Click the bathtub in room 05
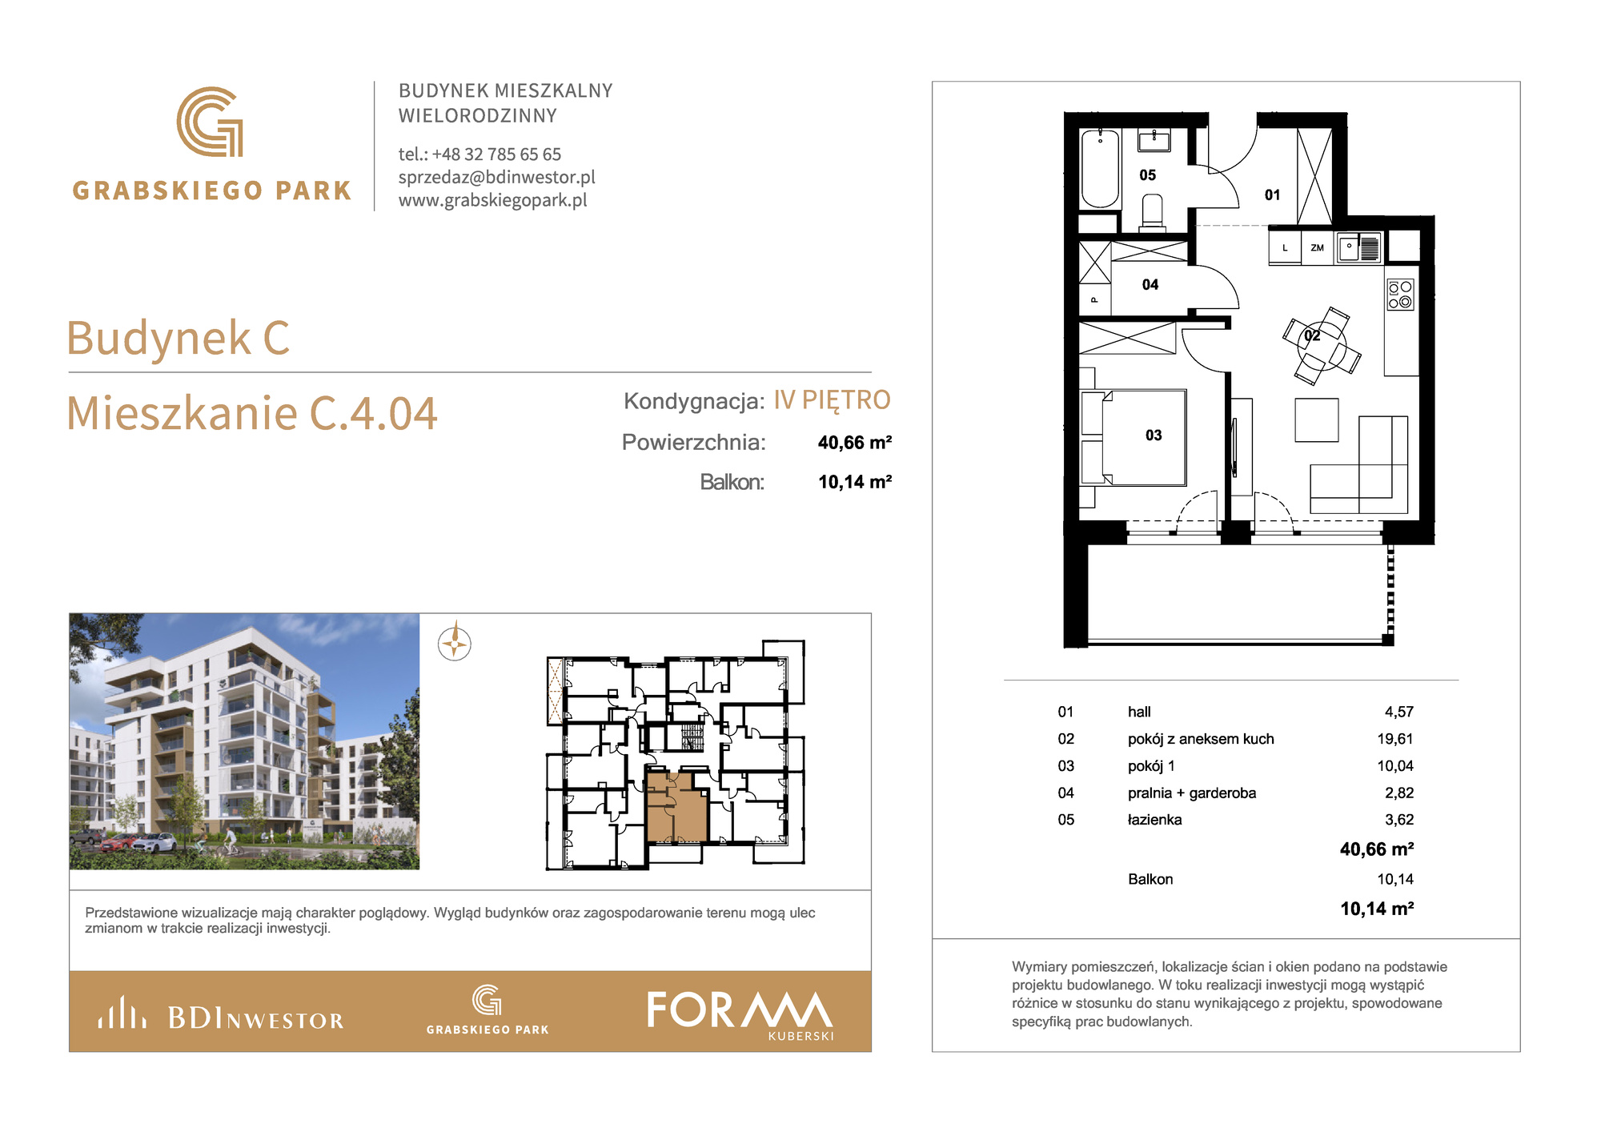coord(1100,168)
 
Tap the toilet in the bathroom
coord(1152,213)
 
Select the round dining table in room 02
coord(1322,346)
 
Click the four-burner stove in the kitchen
coord(1400,295)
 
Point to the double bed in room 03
coord(1134,437)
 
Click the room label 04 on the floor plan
coord(1150,285)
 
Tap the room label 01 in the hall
coord(1273,195)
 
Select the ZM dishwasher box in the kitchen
coord(1318,248)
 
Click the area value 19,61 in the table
coord(1395,739)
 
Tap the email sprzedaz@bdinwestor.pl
coord(497,177)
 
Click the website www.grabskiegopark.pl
coord(493,200)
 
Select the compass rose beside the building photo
coord(455,643)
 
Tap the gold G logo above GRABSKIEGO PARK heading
coord(210,122)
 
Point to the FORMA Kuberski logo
coord(740,1014)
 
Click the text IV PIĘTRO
coord(832,399)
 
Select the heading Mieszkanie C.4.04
coord(251,413)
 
